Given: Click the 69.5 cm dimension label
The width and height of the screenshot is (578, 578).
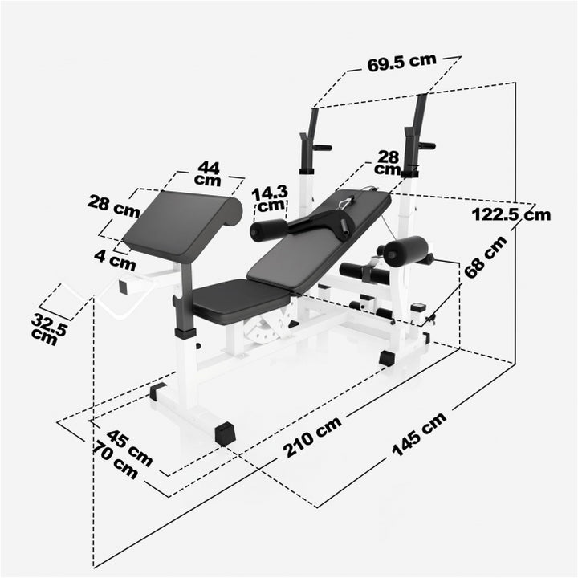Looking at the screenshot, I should pos(401,63).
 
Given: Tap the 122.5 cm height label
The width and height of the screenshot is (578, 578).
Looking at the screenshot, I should pos(511,214).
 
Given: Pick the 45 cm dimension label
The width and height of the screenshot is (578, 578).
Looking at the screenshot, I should pos(128,446).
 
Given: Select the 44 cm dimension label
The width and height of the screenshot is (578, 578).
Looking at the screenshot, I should pos(208,173).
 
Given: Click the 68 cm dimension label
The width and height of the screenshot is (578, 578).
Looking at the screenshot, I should pos(485,256).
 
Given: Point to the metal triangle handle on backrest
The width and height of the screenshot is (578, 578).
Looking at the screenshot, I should pos(347,201).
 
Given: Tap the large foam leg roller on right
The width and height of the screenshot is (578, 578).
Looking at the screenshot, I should pos(404,251).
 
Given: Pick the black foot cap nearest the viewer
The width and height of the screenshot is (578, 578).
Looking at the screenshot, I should pos(224,433).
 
